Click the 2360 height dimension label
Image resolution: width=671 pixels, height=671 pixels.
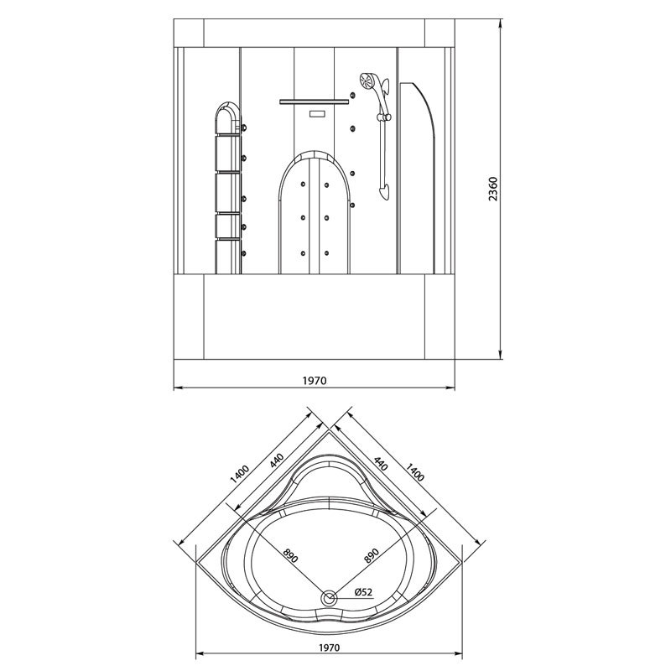point(493,189)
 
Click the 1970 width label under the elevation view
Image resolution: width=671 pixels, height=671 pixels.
point(315,381)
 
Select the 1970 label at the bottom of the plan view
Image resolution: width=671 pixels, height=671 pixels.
point(329,648)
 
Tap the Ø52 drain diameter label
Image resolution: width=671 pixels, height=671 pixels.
point(364,592)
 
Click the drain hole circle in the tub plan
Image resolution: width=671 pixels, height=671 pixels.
point(329,598)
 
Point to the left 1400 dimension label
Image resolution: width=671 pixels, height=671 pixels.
point(239,474)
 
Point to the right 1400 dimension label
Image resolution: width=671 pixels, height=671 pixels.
point(414,471)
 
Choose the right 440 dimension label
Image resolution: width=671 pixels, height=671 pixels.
point(381,464)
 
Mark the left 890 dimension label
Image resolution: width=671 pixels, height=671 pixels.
point(289,555)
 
